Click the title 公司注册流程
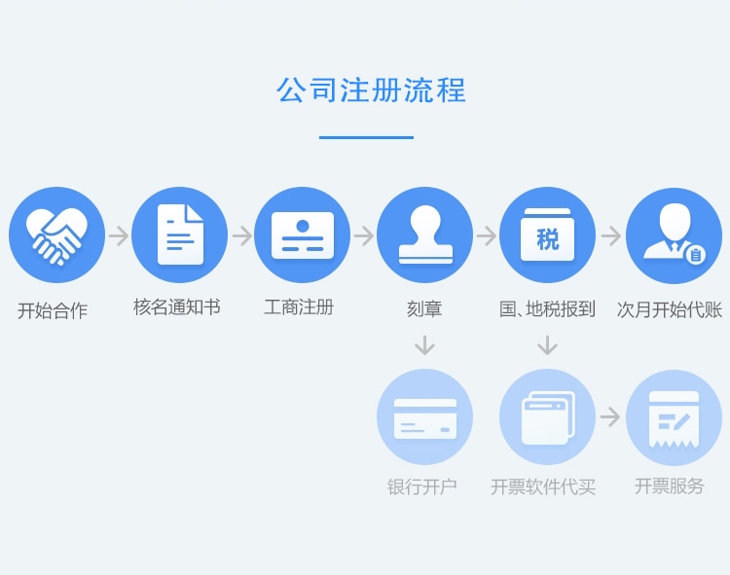click(x=371, y=90)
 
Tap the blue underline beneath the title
click(x=366, y=137)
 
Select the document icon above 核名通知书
click(x=180, y=234)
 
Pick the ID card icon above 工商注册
click(x=303, y=235)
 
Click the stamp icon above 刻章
click(x=425, y=234)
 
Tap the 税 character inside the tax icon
click(x=547, y=239)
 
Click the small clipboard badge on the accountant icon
click(x=696, y=255)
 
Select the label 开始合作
click(x=53, y=310)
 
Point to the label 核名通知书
click(x=177, y=307)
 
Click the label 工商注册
click(x=299, y=307)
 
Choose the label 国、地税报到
click(x=547, y=308)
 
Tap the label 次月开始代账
click(x=670, y=309)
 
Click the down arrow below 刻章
click(x=424, y=345)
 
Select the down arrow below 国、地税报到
click(x=547, y=345)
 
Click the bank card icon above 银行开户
click(x=425, y=418)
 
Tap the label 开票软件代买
click(x=543, y=487)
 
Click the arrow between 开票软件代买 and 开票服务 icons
click(x=610, y=416)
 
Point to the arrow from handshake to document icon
click(x=119, y=235)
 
